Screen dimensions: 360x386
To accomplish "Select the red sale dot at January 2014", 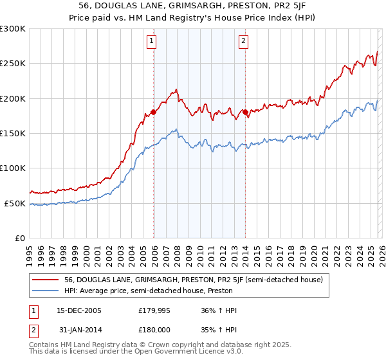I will click(x=245, y=113).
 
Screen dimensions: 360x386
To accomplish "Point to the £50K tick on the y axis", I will click(x=15, y=203).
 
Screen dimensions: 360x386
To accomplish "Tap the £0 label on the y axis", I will click(x=19, y=238).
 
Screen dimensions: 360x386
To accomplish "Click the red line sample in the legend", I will click(x=46, y=280).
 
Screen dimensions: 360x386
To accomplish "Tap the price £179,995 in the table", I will click(x=153, y=310).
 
